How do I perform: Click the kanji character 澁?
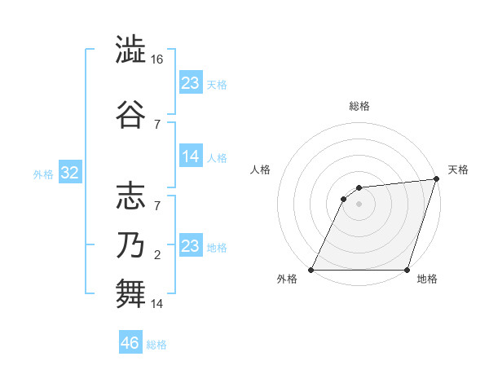[131, 50]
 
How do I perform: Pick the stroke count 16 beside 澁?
[158, 60]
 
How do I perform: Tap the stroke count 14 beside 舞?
[158, 304]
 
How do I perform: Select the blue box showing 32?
[69, 174]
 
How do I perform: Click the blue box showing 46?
[130, 343]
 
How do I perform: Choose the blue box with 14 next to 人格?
[191, 156]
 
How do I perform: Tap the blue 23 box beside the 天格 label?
[191, 83]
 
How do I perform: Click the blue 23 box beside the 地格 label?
[191, 246]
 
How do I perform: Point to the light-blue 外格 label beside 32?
[43, 174]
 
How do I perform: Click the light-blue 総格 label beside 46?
[156, 345]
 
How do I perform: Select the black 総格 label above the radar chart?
[359, 106]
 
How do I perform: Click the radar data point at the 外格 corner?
[311, 270]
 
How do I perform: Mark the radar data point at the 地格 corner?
[407, 270]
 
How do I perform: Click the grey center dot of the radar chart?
[359, 204]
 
